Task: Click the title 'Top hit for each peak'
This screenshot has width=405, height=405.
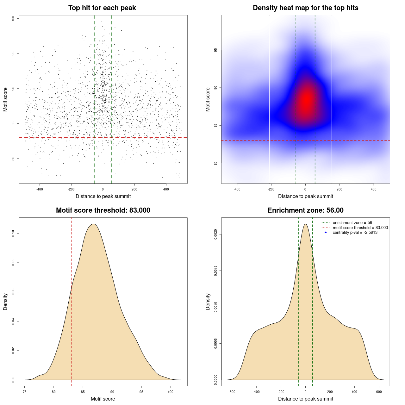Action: click(x=102, y=8)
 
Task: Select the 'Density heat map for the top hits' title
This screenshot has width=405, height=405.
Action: click(x=305, y=8)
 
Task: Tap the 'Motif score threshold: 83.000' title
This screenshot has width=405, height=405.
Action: click(x=103, y=210)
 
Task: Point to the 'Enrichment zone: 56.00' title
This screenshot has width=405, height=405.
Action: click(x=305, y=210)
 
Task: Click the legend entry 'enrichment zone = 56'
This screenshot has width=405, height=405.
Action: click(x=352, y=223)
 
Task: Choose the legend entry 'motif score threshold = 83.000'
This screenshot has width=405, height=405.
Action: click(x=360, y=227)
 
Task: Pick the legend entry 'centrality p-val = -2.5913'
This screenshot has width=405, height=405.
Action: click(x=355, y=233)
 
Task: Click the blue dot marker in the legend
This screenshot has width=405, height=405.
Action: click(x=326, y=233)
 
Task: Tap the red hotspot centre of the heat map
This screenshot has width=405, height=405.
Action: click(x=306, y=101)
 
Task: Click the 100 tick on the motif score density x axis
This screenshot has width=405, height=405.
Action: click(x=171, y=392)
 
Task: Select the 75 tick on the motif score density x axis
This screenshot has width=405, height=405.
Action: click(x=25, y=392)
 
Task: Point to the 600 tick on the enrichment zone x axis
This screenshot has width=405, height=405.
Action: click(x=379, y=392)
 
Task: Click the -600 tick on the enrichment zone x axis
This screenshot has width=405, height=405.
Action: click(x=232, y=392)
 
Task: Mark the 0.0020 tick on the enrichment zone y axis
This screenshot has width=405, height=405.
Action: click(x=216, y=234)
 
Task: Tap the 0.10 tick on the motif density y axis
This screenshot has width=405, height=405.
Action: click(x=13, y=234)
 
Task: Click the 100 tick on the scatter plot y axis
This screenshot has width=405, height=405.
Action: click(x=13, y=19)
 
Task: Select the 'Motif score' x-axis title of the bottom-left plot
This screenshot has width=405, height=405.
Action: click(x=103, y=399)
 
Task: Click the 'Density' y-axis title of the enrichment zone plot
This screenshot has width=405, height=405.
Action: click(x=208, y=302)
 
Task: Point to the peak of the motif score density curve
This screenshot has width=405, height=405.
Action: click(x=93, y=224)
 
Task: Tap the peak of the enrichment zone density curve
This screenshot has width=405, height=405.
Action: click(x=305, y=224)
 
